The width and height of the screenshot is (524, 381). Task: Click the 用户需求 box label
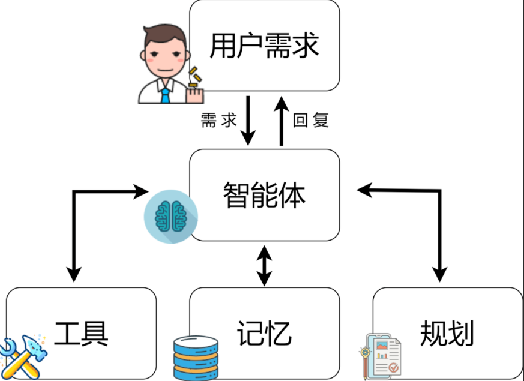click(x=264, y=46)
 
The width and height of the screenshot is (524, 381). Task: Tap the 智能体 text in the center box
click(x=264, y=195)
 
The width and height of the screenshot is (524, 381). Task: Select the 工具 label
click(x=82, y=333)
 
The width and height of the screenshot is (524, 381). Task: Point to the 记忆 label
click(x=264, y=333)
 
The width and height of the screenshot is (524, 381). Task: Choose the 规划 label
click(x=447, y=333)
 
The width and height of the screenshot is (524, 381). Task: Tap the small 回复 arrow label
click(x=311, y=121)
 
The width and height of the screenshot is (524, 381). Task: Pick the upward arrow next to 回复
click(x=280, y=120)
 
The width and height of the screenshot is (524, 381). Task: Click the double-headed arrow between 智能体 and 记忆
click(x=264, y=265)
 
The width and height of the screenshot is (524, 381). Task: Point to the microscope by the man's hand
click(x=194, y=79)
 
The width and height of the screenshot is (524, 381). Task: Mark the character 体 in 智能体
click(x=292, y=195)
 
